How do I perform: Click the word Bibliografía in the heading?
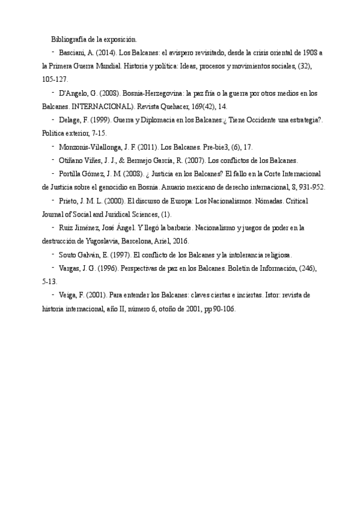pyautogui.click(x=71, y=39)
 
